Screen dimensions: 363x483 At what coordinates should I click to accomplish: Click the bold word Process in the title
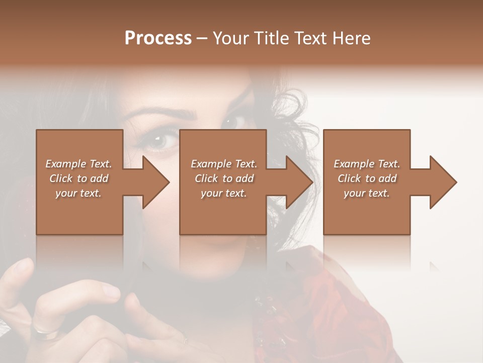[158, 38]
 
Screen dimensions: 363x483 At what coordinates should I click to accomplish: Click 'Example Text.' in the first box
[78, 164]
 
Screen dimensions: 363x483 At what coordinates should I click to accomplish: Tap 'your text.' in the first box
[78, 193]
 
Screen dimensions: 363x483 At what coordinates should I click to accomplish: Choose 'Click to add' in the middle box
[224, 178]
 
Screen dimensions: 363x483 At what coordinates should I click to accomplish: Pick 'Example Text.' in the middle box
[224, 164]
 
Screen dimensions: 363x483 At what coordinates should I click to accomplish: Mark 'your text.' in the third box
[367, 193]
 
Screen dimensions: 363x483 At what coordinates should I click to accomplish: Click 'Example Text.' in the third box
[367, 164]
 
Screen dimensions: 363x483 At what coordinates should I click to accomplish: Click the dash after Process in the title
[202, 39]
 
